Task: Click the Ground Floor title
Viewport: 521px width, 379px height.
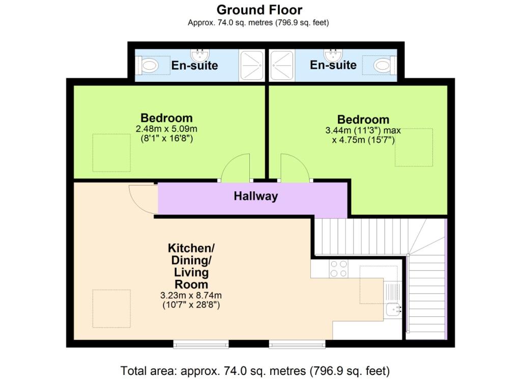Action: point(259,10)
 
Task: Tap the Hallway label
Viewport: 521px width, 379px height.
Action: point(255,196)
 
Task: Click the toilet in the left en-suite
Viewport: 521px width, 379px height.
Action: point(149,66)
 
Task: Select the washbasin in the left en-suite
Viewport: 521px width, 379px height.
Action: point(199,54)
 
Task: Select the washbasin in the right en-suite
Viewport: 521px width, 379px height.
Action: point(333,54)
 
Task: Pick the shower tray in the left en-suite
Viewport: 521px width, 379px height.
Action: point(251,66)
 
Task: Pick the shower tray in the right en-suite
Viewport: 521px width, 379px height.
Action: point(282,66)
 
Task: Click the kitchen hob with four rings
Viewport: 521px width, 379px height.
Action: point(338,269)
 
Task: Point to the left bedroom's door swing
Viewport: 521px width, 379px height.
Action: point(235,168)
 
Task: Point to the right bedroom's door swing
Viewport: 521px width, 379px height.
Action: point(295,168)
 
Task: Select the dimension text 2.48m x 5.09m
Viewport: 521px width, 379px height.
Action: point(166,129)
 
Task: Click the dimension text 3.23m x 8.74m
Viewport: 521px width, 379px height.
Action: point(191,295)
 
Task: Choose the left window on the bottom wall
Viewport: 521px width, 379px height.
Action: point(201,344)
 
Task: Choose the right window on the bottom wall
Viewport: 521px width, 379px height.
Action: point(297,344)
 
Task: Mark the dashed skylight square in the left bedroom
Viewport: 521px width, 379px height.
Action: point(111,153)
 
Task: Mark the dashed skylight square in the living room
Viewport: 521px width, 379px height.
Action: point(111,309)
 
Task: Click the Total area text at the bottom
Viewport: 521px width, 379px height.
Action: point(255,370)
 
